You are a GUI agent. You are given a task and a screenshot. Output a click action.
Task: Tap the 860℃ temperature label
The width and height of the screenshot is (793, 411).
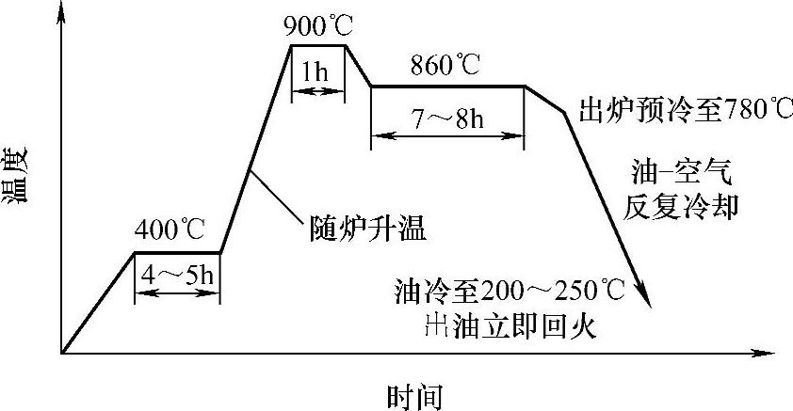pyautogui.click(x=446, y=66)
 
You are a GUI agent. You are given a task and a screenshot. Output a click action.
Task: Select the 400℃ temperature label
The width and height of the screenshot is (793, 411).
pyautogui.click(x=170, y=230)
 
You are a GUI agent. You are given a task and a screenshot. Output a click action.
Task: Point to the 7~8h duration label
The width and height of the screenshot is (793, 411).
pyautogui.click(x=447, y=119)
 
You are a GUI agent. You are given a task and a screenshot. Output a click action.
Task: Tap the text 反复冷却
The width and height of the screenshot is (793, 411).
pyautogui.click(x=680, y=205)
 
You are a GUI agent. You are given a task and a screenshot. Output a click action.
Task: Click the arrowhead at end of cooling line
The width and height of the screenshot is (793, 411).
pyautogui.click(x=645, y=296)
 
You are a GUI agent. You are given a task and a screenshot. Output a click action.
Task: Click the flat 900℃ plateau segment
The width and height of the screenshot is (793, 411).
pyautogui.click(x=318, y=45)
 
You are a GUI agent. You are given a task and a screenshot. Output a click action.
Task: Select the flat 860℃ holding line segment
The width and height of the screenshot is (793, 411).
pyautogui.click(x=447, y=87)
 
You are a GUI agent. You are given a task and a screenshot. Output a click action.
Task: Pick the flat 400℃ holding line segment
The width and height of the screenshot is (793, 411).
pyautogui.click(x=177, y=252)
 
